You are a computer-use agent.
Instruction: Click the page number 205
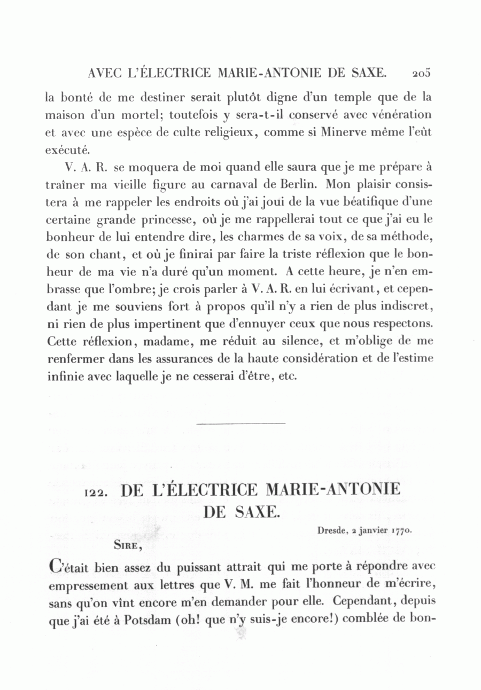[421, 73]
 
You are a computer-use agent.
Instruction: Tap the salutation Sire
[126, 545]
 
